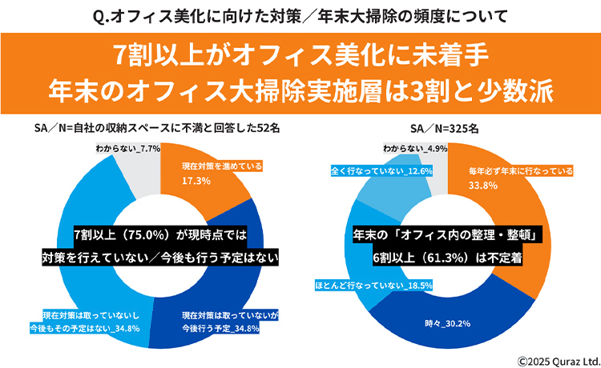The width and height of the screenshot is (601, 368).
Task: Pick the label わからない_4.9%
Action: pyautogui.click(x=414, y=149)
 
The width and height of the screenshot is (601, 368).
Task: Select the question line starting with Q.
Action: pyautogui.click(x=300, y=14)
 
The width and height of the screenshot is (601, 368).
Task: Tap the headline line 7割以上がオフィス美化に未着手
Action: pyautogui.click(x=300, y=57)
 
